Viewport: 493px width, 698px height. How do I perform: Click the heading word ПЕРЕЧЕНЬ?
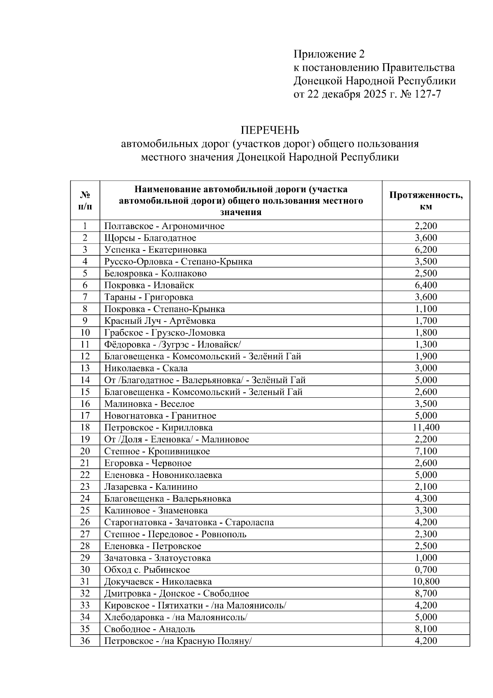click(x=270, y=130)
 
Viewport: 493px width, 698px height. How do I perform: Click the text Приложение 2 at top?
click(x=329, y=54)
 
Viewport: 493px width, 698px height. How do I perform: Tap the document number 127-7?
click(x=428, y=95)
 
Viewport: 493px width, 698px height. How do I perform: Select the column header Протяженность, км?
click(x=426, y=201)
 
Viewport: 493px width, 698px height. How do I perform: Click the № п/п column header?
click(x=85, y=200)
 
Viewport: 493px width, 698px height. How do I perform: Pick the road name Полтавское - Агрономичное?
click(x=164, y=226)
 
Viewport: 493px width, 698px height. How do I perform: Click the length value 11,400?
click(x=426, y=427)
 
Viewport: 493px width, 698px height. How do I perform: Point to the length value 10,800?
click(x=426, y=582)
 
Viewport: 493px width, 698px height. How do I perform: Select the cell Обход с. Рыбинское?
click(x=147, y=570)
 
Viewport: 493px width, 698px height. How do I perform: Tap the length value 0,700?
click(x=426, y=570)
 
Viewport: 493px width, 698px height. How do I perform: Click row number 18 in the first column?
click(x=85, y=427)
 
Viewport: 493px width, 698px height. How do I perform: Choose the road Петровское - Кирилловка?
click(x=158, y=427)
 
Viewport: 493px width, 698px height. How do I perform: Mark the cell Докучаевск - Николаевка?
click(x=158, y=582)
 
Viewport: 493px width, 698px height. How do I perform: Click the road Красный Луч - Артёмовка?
click(x=159, y=321)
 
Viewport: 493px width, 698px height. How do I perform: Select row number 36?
click(x=85, y=641)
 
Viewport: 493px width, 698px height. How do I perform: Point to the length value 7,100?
click(x=426, y=451)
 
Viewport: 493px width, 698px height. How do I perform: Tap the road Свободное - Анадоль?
click(x=150, y=629)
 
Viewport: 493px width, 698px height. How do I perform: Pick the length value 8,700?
click(x=426, y=594)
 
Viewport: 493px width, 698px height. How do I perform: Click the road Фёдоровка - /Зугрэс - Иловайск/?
click(x=175, y=344)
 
